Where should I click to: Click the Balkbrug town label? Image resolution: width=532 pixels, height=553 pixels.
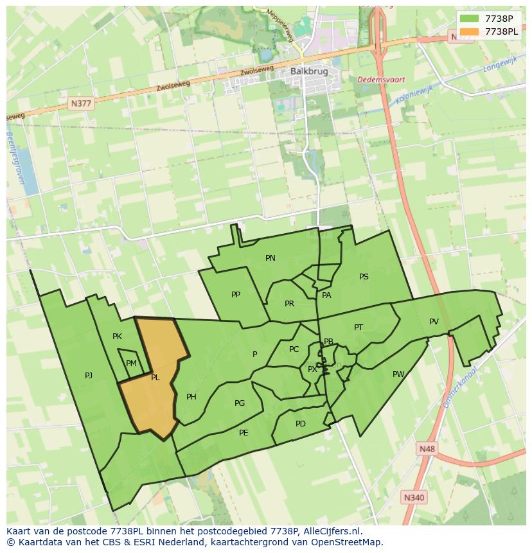pos(305,71)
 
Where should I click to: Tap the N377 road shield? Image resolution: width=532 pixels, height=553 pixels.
pos(82,103)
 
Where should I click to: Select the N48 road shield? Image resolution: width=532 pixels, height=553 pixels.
pos(425,449)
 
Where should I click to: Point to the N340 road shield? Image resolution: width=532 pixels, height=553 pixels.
pos(414,497)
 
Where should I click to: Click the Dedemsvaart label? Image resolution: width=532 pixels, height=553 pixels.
pos(382,80)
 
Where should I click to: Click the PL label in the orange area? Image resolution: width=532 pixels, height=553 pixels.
pos(155,378)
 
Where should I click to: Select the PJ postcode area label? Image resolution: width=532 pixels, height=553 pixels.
pos(89,375)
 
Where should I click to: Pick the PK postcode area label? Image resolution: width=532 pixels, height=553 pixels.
pos(117,337)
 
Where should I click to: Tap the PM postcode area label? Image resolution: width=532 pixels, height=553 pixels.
pos(131,364)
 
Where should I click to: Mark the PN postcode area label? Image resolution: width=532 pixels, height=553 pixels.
pos(270,258)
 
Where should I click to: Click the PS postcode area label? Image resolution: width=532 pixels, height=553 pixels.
pos(364,277)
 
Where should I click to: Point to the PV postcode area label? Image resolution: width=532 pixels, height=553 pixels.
pos(434,322)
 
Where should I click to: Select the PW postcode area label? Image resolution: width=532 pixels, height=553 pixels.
pos(398,374)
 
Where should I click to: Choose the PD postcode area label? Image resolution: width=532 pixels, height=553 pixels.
pos(301,424)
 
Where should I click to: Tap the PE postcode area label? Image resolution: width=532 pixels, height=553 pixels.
pos(244,433)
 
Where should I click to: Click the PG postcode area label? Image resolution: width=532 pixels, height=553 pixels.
pos(240,403)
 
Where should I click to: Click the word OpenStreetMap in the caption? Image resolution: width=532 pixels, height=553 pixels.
pos(346,542)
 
